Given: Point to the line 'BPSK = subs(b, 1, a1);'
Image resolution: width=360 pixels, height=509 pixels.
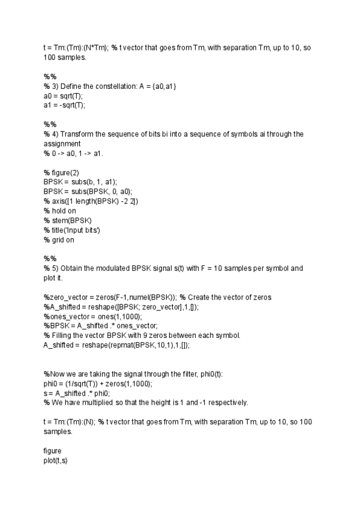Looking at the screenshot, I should point(80,181).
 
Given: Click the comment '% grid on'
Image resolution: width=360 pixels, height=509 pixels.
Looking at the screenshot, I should point(59,239).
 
